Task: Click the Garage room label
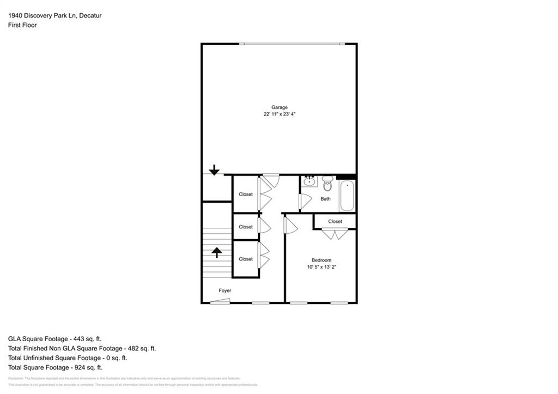point(280,107)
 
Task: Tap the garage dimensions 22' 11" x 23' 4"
point(280,114)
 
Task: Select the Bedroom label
point(321,260)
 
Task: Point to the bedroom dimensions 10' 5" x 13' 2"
point(321,267)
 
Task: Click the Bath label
point(325,199)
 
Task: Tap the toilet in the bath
point(327,184)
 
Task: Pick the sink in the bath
point(310,181)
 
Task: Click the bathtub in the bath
point(347,196)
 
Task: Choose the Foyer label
point(225,290)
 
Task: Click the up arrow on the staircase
point(216,252)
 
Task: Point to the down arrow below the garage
point(214,170)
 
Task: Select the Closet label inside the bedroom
point(335,221)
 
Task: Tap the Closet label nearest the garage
point(246,194)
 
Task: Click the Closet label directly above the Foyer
point(246,259)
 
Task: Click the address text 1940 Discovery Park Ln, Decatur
point(54,16)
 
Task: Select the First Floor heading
point(22,25)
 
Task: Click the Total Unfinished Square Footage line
point(68,358)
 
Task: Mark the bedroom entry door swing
point(290,226)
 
